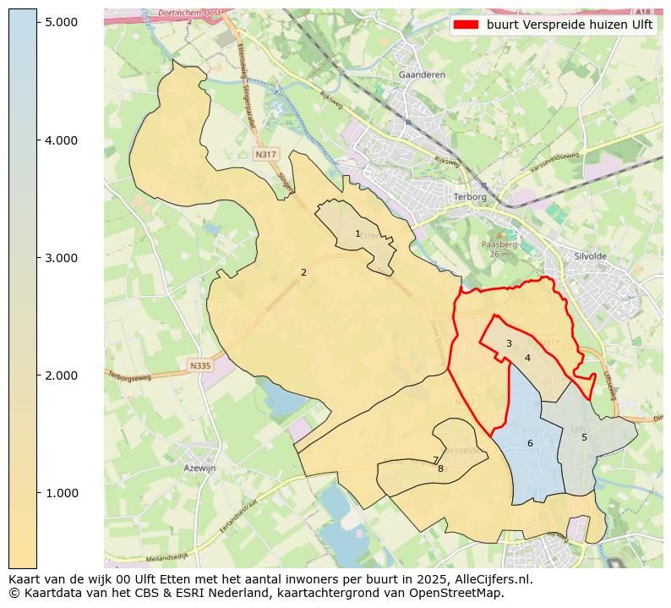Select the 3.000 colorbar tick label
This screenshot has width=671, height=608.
(x=61, y=258)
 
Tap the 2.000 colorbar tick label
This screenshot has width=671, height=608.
(x=61, y=375)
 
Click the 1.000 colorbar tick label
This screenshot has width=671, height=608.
(x=61, y=493)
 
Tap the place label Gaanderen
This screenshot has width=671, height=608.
(x=422, y=74)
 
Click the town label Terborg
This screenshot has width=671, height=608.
(x=470, y=196)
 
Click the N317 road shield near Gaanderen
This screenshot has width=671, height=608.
(x=265, y=155)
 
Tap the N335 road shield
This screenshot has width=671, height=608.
(x=199, y=365)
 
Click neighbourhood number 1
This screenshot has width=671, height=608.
(x=357, y=233)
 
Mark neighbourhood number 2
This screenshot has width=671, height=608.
(x=303, y=272)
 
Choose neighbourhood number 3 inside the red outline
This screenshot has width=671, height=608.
(x=509, y=343)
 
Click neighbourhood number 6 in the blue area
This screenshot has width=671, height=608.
(x=530, y=443)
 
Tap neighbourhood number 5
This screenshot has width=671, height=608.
(x=583, y=437)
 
